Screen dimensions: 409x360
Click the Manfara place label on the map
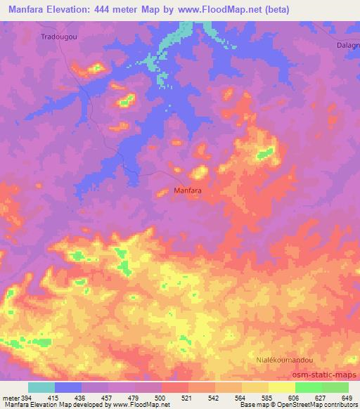[x=188, y=190]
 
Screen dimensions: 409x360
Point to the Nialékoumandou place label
[x=283, y=359]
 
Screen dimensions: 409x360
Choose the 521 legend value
[x=188, y=397]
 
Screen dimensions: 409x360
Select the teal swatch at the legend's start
[x=41, y=387]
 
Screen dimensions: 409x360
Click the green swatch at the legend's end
[x=335, y=387]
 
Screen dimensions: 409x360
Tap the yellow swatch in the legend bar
[x=281, y=387]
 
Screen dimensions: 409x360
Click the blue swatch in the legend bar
[x=68, y=387]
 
